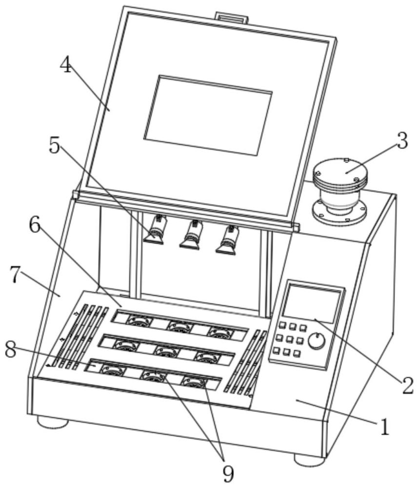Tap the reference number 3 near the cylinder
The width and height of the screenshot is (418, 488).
[401, 142]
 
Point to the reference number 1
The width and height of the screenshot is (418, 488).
[385, 427]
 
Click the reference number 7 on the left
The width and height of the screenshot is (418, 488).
[16, 275]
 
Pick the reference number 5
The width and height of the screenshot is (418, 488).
[55, 145]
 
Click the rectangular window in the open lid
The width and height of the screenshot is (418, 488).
[208, 115]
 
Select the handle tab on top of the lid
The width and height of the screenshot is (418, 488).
[232, 18]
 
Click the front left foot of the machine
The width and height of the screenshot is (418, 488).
[53, 422]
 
